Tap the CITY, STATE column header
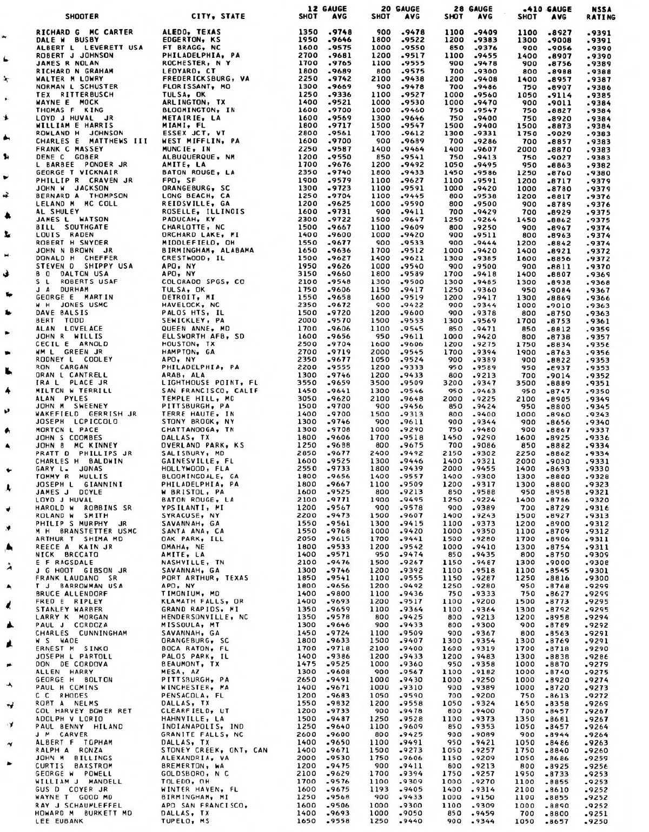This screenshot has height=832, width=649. (x=218, y=17)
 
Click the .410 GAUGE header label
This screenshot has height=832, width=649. (x=544, y=9)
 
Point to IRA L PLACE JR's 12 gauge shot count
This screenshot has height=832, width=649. (x=307, y=383)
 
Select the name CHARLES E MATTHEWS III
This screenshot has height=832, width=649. (x=87, y=142)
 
